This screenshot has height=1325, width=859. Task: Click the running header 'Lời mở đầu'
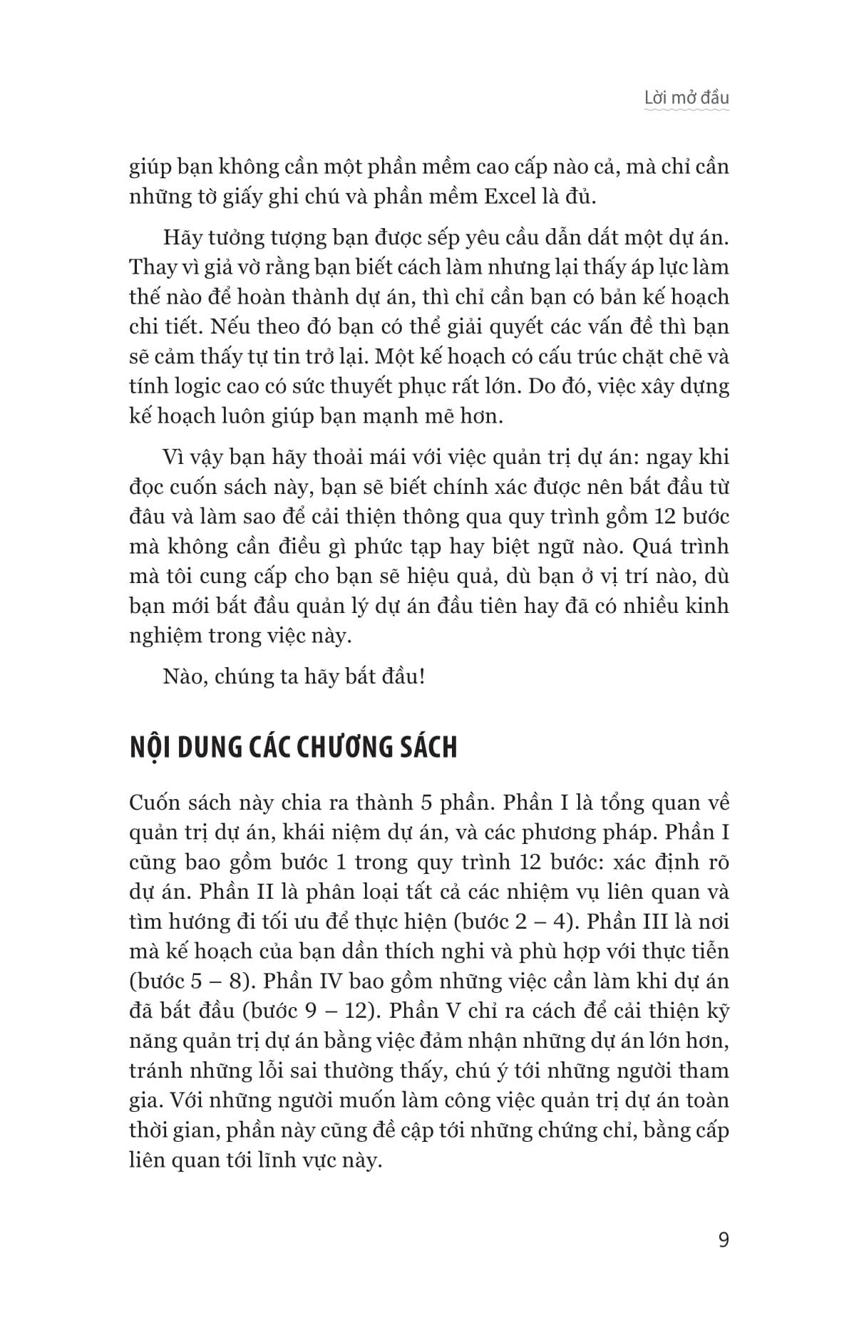pyautogui.click(x=686, y=98)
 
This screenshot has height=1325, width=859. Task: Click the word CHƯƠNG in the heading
pyautogui.click(x=346, y=748)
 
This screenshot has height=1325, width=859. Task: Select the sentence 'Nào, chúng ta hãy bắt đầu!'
pyautogui.click(x=294, y=676)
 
